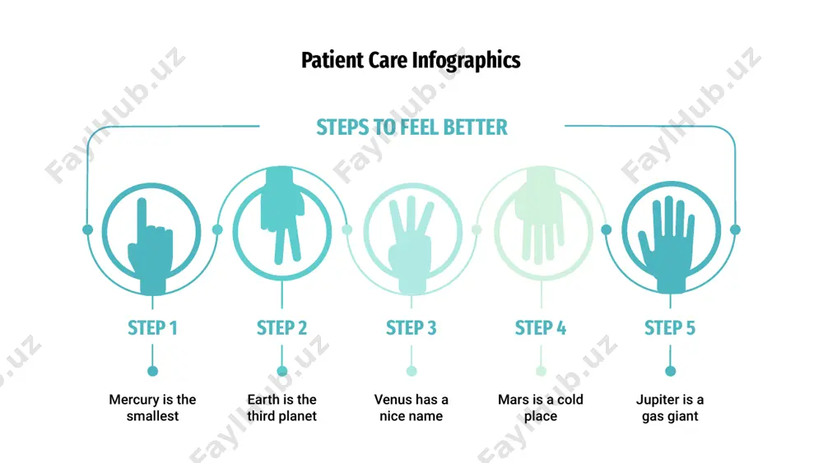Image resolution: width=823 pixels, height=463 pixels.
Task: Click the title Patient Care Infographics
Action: tap(411, 60)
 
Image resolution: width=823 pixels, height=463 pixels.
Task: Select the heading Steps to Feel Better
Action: tap(412, 127)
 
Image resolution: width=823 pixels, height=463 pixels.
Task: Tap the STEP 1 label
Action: tap(153, 328)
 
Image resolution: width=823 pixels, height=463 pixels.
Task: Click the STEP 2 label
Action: tap(281, 328)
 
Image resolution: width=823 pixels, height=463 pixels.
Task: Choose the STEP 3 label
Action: tap(411, 328)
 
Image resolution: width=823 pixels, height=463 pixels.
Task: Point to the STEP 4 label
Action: tap(541, 328)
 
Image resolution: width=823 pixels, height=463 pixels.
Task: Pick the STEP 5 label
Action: tap(670, 328)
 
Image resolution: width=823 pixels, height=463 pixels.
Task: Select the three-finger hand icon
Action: tap(411, 244)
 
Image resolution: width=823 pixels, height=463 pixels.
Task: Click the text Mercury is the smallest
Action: tap(153, 407)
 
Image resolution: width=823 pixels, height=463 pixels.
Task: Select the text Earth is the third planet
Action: tap(281, 407)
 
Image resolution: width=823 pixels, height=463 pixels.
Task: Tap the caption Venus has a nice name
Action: tap(411, 407)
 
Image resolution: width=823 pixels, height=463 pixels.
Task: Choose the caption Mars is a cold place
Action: tap(541, 407)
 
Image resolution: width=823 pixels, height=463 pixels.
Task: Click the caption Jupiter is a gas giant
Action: tap(670, 407)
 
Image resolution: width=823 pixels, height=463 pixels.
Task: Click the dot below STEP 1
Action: tap(153, 371)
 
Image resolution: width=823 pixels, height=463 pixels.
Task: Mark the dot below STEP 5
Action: tap(670, 371)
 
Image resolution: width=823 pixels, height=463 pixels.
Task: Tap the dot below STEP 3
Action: tap(411, 371)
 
